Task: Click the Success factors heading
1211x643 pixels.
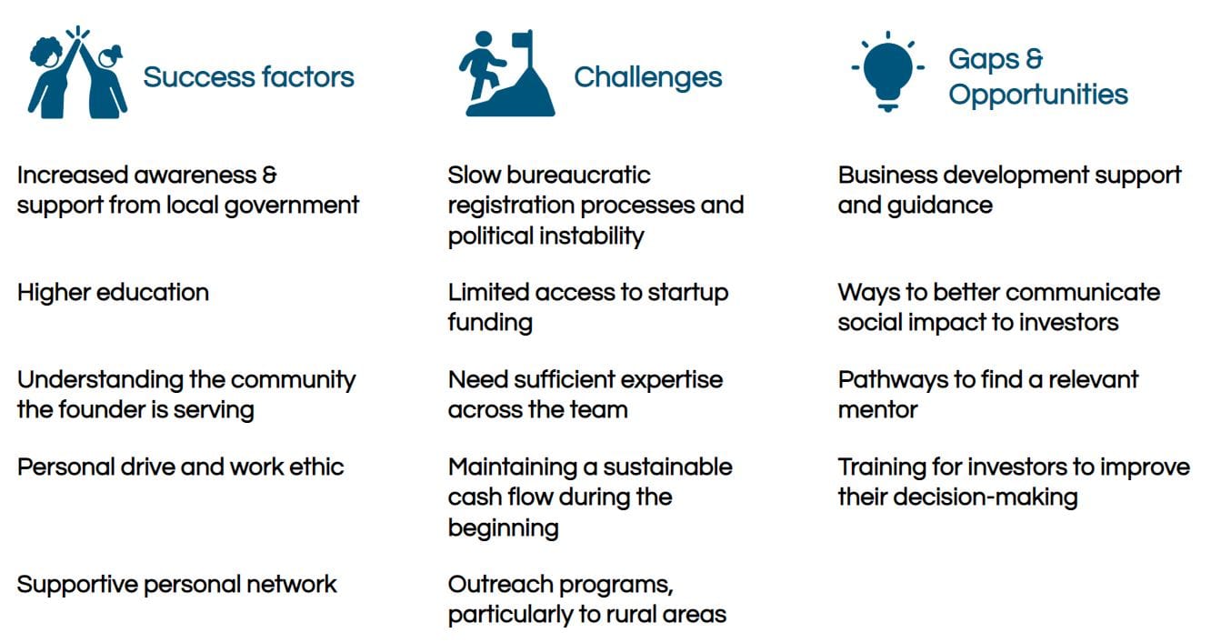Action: pos(249,76)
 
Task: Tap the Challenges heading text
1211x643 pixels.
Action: pos(647,76)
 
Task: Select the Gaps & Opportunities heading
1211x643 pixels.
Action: pos(1038,76)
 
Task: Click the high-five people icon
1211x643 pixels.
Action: pos(78,72)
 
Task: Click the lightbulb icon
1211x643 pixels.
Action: pos(887,71)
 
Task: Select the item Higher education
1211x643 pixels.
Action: pos(113,293)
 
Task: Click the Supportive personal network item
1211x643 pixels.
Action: pos(176,585)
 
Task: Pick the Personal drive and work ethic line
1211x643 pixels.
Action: pos(181,467)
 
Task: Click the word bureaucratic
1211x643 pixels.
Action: pos(578,176)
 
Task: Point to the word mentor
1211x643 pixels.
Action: pos(877,410)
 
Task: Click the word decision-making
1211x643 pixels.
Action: pos(986,498)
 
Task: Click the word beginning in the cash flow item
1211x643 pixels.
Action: pos(504,528)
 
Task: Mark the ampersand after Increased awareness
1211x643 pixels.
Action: pos(269,175)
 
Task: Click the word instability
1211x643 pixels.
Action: pos(592,236)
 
